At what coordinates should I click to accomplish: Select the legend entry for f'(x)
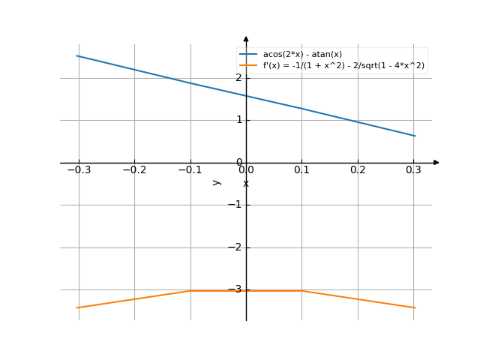point(343,65)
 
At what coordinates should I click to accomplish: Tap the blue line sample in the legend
point(249,54)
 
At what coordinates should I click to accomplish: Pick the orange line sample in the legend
point(249,65)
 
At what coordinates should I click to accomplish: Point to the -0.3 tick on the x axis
point(78,171)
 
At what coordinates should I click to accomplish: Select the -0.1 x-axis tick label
point(189,171)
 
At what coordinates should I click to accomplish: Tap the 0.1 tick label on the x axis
point(301,171)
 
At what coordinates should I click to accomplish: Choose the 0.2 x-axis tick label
point(358,171)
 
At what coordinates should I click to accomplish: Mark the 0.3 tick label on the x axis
point(413,171)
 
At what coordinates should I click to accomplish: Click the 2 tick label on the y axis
point(239,77)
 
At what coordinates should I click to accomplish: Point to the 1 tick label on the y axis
point(239,120)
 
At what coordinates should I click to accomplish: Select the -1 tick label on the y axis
point(237,205)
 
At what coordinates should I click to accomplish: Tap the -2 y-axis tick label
point(237,247)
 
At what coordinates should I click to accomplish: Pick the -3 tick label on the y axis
point(237,289)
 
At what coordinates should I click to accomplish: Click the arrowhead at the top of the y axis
point(246,38)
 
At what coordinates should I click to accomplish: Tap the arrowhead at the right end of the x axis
point(436,162)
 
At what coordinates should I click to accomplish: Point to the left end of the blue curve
point(77,55)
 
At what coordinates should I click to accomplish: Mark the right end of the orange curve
point(415,307)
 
